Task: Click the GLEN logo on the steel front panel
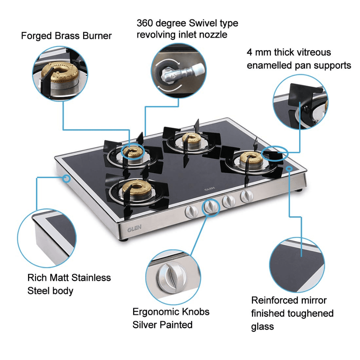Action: click(134, 228)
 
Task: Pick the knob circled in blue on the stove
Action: click(211, 207)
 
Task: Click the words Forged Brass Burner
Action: click(66, 36)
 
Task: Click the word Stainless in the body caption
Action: click(91, 278)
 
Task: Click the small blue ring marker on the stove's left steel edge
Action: click(67, 177)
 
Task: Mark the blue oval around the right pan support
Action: click(275, 153)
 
